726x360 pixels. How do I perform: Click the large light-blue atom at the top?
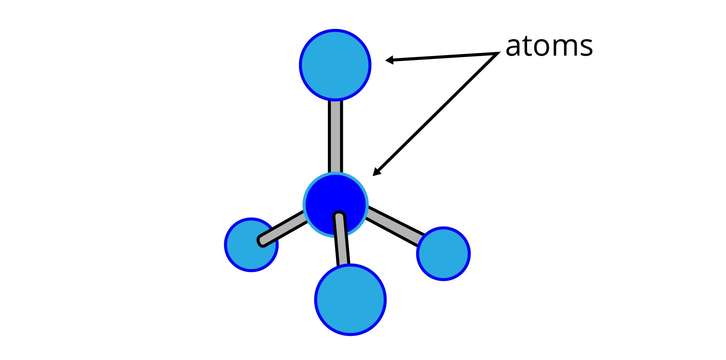pyautogui.click(x=335, y=65)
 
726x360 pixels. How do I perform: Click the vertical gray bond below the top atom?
pyautogui.click(x=336, y=135)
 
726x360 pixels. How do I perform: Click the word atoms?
pyautogui.click(x=549, y=46)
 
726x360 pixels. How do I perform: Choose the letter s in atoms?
pyautogui.click(x=586, y=48)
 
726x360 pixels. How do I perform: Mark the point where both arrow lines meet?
pyautogui.click(x=498, y=53)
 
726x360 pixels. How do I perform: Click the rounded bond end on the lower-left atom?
pyautogui.click(x=262, y=241)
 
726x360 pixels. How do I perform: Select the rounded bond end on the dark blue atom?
pyautogui.click(x=338, y=216)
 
